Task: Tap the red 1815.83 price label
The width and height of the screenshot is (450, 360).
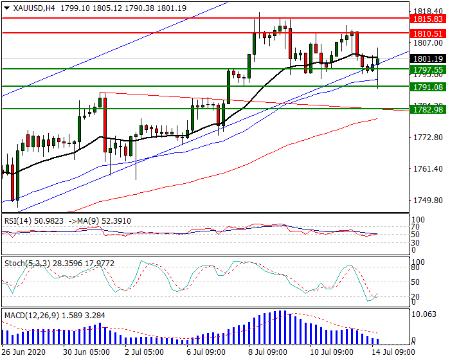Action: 428,19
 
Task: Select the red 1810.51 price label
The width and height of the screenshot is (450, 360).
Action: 428,33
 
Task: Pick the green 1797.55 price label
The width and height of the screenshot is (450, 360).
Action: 428,69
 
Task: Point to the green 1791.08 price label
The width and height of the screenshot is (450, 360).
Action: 428,87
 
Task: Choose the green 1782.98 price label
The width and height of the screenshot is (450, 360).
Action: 428,110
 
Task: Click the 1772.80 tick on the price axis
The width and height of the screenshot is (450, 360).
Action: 426,138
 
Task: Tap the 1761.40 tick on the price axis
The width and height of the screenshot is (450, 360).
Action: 426,169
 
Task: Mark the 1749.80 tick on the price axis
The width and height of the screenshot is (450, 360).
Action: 426,201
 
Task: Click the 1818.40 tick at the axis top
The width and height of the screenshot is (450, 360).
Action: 426,11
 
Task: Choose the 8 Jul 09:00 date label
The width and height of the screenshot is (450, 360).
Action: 266,353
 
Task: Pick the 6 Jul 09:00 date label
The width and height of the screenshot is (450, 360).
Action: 206,353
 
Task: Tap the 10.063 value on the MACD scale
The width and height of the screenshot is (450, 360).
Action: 424,314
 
